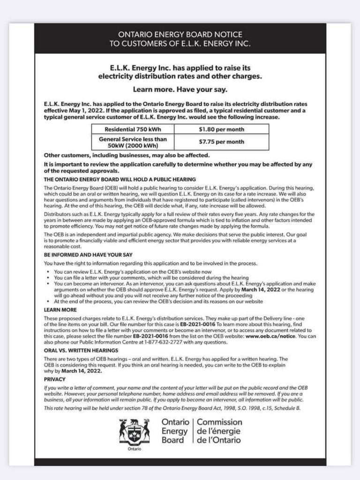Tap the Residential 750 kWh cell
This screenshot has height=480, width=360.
coord(133,129)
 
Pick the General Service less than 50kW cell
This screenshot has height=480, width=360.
coord(133,142)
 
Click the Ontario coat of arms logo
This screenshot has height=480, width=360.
coord(135,432)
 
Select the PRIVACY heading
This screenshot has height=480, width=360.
coord(55,379)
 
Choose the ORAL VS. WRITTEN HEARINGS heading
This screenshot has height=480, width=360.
coord(81,350)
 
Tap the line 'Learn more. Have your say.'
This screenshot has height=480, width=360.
coord(180,90)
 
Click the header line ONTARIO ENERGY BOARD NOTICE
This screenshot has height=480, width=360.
coord(180,35)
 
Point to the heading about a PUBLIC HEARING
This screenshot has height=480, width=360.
coord(120,180)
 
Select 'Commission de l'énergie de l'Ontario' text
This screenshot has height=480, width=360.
coord(219,431)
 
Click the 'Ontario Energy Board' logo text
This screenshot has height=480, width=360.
coord(175,431)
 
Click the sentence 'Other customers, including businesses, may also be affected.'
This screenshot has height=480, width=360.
coord(127,155)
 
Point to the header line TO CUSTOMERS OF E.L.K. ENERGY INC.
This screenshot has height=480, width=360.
coord(180,44)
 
